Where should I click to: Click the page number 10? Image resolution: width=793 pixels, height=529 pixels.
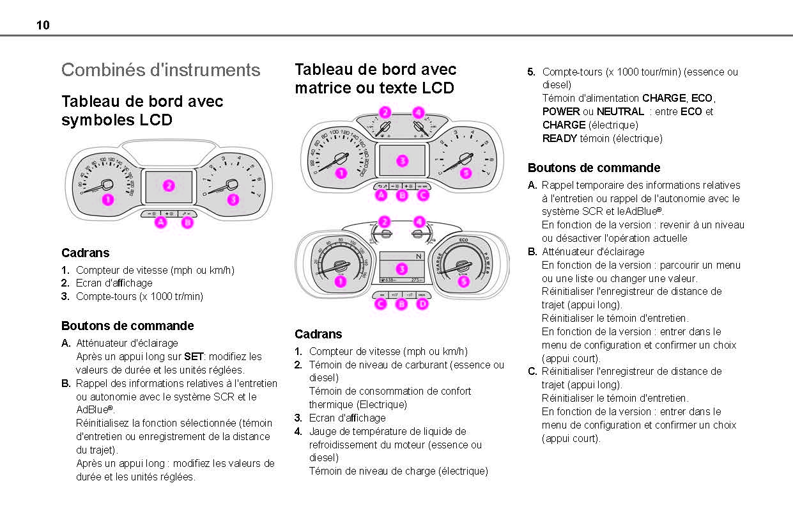click(43, 26)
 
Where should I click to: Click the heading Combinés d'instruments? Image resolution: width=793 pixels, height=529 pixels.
click(160, 70)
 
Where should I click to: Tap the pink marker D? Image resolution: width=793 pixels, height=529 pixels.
click(422, 304)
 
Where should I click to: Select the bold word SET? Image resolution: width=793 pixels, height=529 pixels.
click(194, 356)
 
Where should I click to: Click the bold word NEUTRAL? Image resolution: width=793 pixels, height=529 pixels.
click(620, 111)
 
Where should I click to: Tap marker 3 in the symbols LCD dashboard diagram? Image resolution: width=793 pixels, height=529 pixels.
click(233, 200)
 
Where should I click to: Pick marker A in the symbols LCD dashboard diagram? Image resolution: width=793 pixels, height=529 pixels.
click(160, 223)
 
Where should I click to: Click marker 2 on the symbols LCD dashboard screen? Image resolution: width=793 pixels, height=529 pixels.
click(169, 186)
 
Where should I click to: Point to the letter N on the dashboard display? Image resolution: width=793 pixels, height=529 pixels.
click(419, 257)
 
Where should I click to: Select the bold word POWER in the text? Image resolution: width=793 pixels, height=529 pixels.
click(561, 111)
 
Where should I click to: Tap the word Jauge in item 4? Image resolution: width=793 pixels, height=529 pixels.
click(323, 431)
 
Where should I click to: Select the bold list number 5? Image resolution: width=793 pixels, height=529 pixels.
click(531, 72)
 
